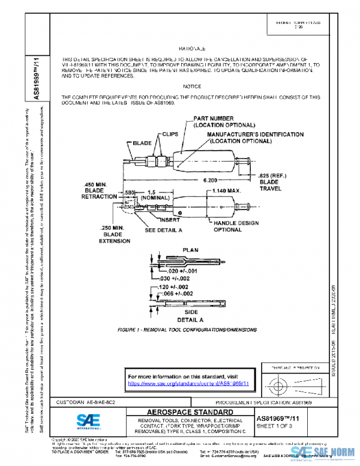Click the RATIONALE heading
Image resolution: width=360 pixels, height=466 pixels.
[191, 47]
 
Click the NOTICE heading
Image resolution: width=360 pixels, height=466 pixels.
[191, 86]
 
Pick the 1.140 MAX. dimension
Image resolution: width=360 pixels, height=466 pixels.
[226, 191]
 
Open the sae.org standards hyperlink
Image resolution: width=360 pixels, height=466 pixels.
[188, 382]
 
